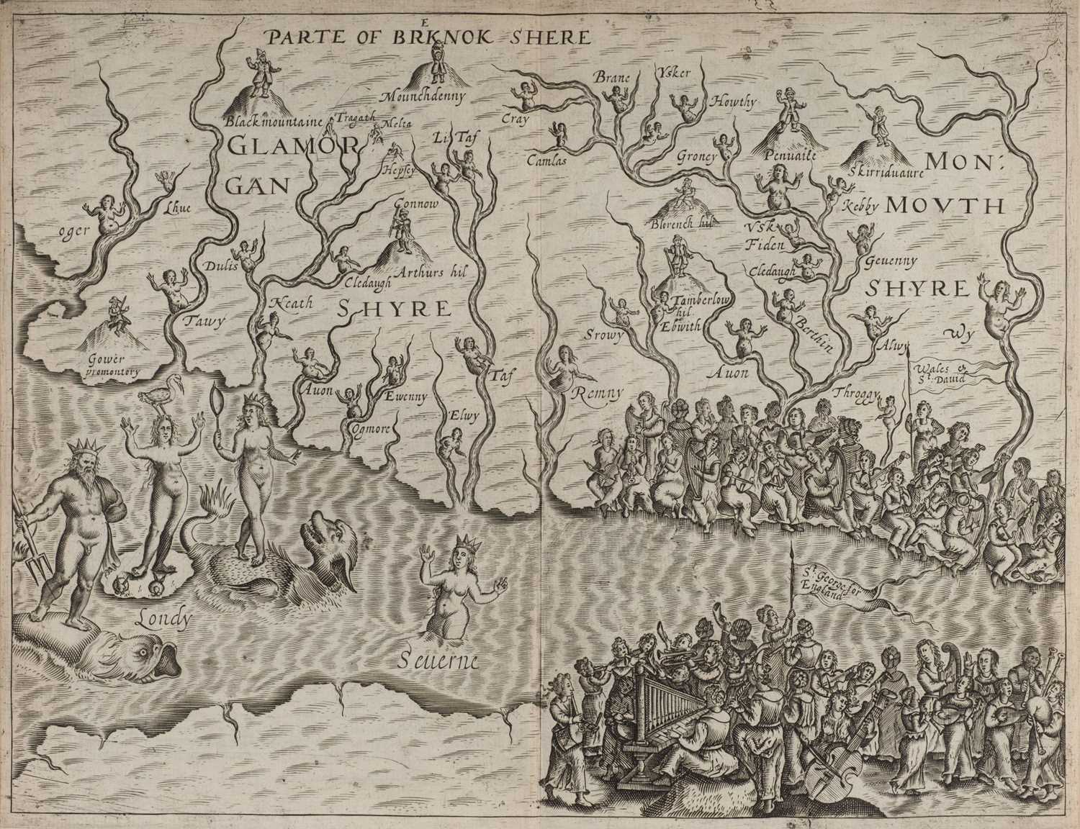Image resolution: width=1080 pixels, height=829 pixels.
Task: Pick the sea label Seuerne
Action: tap(438, 660)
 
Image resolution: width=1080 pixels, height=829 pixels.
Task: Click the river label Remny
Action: tap(593, 393)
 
